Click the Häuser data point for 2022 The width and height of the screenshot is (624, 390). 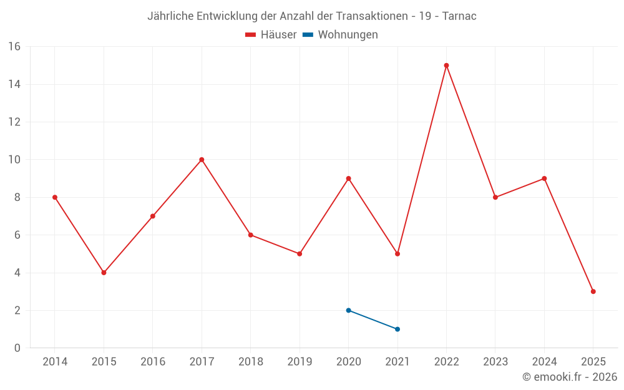[x=446, y=66]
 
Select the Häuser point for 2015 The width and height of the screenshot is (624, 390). [x=104, y=273]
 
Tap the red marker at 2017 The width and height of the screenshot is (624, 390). [x=202, y=160]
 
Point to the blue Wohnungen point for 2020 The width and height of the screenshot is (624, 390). [x=348, y=310]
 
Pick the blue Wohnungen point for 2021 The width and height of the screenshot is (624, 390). [x=397, y=329]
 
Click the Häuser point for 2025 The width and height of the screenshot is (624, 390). [x=593, y=291]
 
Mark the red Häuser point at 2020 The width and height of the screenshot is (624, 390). [x=348, y=178]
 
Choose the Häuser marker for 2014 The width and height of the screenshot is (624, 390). [x=55, y=197]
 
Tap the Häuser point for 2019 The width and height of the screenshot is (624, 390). [x=300, y=254]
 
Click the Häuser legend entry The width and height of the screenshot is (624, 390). [x=271, y=35]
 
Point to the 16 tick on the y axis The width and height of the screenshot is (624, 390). [x=14, y=47]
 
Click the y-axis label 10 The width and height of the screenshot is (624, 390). [x=14, y=160]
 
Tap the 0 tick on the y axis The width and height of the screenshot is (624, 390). [x=17, y=348]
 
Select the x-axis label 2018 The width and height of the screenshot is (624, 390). [x=250, y=362]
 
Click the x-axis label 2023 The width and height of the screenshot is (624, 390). [x=495, y=362]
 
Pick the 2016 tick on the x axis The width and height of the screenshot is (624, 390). [x=153, y=362]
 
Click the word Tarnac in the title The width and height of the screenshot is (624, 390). [x=459, y=16]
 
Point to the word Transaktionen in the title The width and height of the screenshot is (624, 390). [x=369, y=16]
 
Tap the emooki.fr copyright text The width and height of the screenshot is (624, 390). [x=570, y=377]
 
